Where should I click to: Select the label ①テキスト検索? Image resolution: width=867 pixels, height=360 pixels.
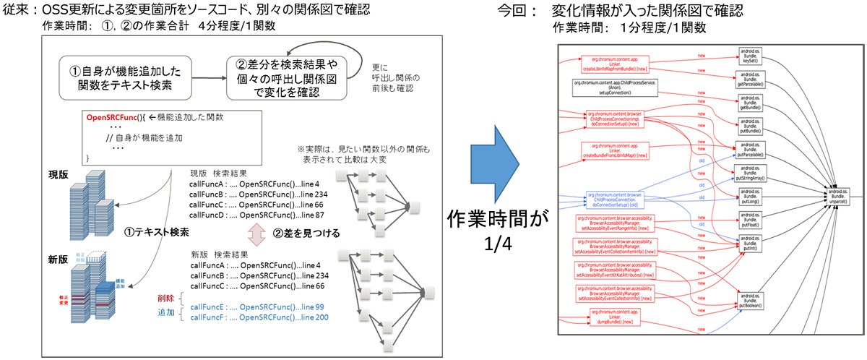155,233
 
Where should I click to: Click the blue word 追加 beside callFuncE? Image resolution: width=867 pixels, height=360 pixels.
165,315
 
